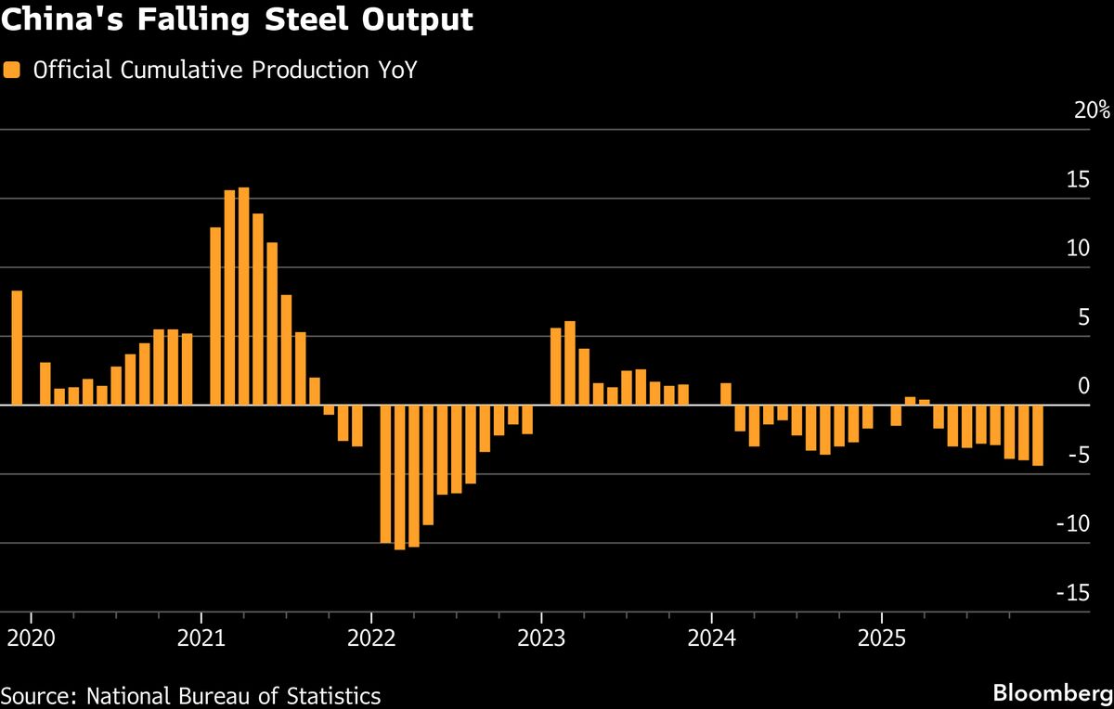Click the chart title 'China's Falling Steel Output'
tap(237, 20)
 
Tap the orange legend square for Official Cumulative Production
tap(12, 70)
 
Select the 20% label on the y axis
tap(1091, 110)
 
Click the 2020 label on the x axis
tap(32, 639)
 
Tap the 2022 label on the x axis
tap(371, 639)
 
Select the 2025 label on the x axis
tap(881, 639)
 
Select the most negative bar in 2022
tap(399, 477)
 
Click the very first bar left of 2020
tap(17, 348)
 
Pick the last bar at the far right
tap(1037, 435)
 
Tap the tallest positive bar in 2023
tap(570, 363)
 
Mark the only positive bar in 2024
tap(726, 394)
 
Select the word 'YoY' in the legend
tap(391, 70)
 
